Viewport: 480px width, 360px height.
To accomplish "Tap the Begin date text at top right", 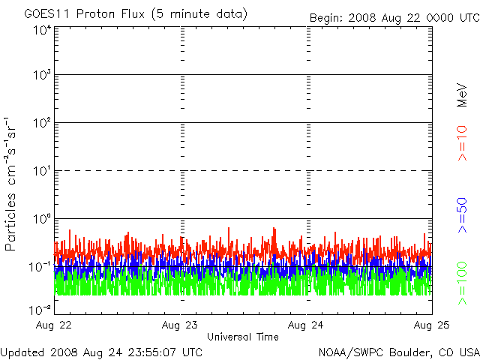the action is click(x=394, y=18).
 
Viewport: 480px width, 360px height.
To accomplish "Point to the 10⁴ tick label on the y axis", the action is click(x=42, y=30).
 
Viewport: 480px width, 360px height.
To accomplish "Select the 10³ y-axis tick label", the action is click(x=42, y=75).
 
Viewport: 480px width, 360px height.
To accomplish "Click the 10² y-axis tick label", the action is click(x=42, y=123).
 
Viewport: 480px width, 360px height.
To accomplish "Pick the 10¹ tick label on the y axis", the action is click(x=42, y=171).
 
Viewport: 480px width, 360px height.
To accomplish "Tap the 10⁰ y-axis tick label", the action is click(x=42, y=219).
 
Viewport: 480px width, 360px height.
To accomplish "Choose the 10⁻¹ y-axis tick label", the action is click(x=40, y=267).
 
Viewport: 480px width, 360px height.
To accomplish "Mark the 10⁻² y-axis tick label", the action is click(x=40, y=310).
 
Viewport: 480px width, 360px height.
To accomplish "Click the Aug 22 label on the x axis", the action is click(x=53, y=325).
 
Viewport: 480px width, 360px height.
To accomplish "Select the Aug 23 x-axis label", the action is click(x=180, y=325).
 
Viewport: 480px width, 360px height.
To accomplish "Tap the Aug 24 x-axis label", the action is click(x=305, y=325).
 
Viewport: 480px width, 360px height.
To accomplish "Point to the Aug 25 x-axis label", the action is click(x=432, y=325).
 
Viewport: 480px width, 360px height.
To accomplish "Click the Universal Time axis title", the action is click(x=243, y=337).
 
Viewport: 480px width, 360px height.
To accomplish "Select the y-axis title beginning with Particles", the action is click(x=10, y=184).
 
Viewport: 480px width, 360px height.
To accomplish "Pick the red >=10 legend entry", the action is click(x=462, y=143).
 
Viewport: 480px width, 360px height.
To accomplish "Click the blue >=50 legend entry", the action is click(x=462, y=215).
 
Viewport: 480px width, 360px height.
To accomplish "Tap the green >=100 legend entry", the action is click(x=462, y=283).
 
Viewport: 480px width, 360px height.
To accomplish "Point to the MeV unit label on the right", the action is click(x=462, y=95).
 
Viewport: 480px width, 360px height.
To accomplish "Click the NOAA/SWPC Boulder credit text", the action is click(x=399, y=352).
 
